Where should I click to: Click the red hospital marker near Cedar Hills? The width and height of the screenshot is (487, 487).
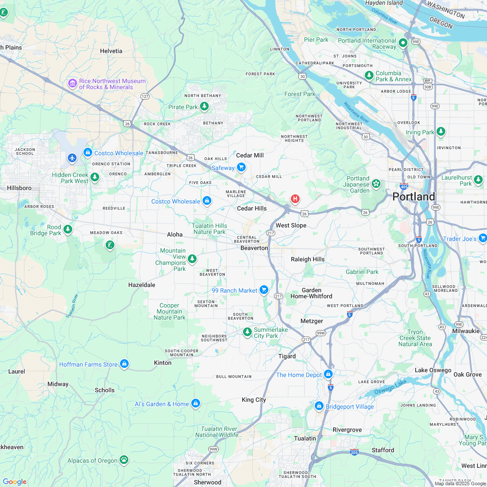click(295, 199)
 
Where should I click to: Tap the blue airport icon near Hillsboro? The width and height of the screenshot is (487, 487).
click(72, 157)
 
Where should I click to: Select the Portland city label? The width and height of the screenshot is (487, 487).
click(414, 197)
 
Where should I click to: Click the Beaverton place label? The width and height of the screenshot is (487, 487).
click(254, 248)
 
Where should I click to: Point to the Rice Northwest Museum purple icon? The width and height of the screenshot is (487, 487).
click(72, 83)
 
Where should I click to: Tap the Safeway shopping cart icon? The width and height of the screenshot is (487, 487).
click(241, 167)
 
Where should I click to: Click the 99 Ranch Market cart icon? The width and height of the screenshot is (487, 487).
click(264, 290)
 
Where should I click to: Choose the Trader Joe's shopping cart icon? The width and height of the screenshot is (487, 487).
click(482, 238)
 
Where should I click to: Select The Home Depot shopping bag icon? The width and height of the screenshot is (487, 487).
click(328, 374)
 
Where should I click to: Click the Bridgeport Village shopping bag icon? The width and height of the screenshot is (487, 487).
click(319, 406)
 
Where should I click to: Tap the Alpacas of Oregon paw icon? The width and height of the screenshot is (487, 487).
click(124, 459)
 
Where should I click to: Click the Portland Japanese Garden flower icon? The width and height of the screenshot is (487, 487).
click(376, 184)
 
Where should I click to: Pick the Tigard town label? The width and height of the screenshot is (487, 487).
click(287, 356)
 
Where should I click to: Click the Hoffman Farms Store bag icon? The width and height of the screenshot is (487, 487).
click(124, 364)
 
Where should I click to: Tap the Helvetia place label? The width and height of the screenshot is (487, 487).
click(111, 51)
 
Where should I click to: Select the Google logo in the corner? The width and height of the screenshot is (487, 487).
click(14, 482)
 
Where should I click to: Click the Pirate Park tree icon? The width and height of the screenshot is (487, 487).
click(204, 107)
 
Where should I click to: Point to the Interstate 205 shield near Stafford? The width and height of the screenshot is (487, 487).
click(354, 452)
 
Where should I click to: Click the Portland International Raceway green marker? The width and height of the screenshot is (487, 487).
click(403, 43)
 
